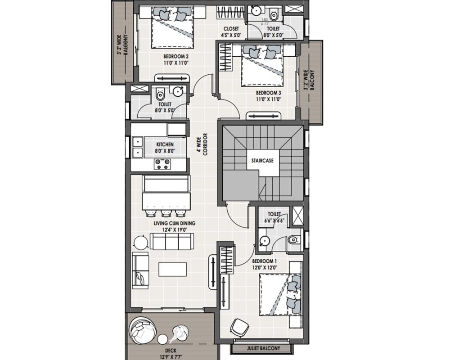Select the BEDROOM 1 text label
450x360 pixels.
click(264, 261)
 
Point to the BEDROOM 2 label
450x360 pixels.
click(176, 57)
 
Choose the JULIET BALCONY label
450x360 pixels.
click(263, 348)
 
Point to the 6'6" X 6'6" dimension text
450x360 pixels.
click(274, 220)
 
